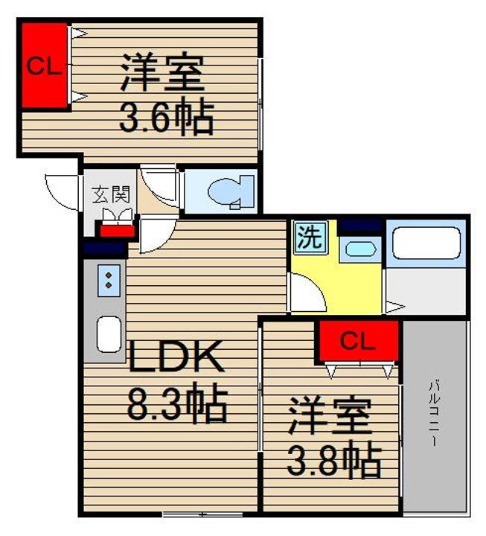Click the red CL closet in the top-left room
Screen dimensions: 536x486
point(44,67)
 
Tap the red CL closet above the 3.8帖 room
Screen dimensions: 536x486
point(359,341)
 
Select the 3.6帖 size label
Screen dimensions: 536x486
point(167,118)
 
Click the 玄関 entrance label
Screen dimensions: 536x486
point(111,195)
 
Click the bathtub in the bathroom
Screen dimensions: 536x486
point(426,243)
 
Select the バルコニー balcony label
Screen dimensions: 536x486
point(433,413)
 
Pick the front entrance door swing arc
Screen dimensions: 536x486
point(61,191)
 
